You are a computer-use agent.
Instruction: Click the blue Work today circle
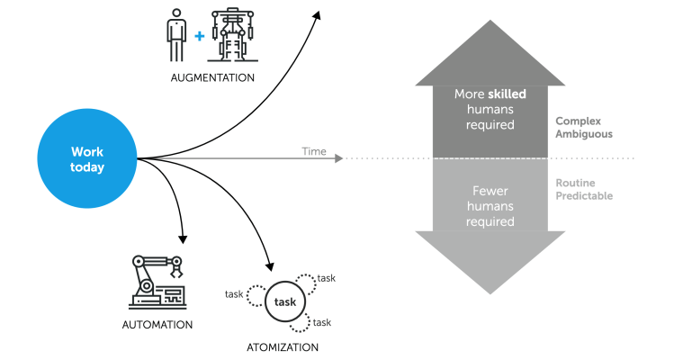[x=88, y=160]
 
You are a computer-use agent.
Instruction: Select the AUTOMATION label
[x=157, y=324]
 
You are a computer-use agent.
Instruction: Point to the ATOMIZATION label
[x=283, y=346]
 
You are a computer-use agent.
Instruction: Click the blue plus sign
[x=199, y=36]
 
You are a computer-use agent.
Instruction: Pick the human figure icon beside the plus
[x=176, y=35]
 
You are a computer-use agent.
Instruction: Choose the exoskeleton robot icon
[x=232, y=35]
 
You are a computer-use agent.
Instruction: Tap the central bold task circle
[x=285, y=302]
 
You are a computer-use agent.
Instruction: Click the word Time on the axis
[x=314, y=151]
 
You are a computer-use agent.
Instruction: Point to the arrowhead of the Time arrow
[x=338, y=159]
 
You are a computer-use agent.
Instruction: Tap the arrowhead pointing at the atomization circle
[x=269, y=265]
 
